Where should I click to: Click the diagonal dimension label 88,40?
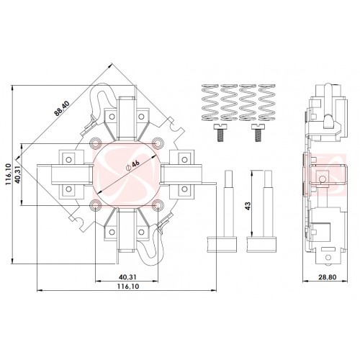click(x=62, y=109)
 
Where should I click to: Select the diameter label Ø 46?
click(x=132, y=166)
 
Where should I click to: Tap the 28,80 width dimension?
click(x=328, y=277)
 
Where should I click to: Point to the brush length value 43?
click(x=248, y=206)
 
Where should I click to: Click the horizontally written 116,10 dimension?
click(x=128, y=287)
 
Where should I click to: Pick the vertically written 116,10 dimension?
click(x=9, y=174)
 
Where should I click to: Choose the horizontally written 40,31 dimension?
click(x=127, y=277)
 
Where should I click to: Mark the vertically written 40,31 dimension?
click(x=17, y=174)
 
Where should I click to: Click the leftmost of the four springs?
click(x=210, y=102)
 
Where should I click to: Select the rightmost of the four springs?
click(x=266, y=102)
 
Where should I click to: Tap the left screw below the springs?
click(x=220, y=132)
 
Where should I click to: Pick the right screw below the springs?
click(x=258, y=132)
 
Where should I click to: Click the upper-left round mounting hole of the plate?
click(x=96, y=143)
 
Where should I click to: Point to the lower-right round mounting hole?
click(x=158, y=205)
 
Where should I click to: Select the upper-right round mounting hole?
click(x=158, y=143)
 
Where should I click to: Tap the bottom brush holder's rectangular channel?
click(x=127, y=232)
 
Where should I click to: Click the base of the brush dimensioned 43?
click(x=261, y=244)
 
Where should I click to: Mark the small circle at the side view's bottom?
click(x=328, y=258)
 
